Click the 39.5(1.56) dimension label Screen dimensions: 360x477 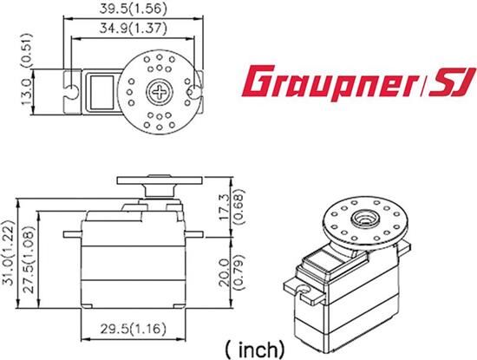(133, 10)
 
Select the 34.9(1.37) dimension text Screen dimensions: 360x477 (133, 29)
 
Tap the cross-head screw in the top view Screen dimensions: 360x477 (160, 91)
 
